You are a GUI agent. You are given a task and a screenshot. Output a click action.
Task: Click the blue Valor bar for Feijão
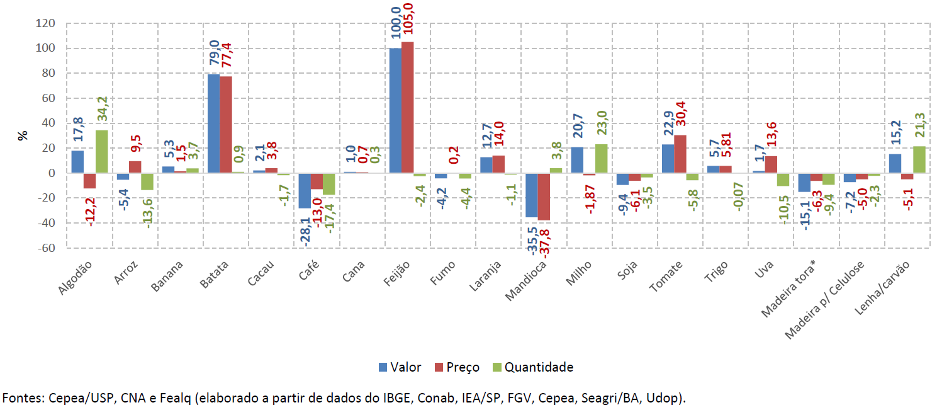[395, 110]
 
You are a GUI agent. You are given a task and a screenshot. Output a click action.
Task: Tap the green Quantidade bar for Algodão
[102, 152]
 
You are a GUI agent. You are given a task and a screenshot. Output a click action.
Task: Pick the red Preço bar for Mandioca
[544, 197]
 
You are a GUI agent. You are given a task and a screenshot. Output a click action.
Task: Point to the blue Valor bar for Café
[305, 190]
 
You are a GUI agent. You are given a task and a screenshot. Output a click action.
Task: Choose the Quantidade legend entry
[532, 367]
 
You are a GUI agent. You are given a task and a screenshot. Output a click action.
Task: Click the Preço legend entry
[456, 367]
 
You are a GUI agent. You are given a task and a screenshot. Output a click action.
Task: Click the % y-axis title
[23, 135]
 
